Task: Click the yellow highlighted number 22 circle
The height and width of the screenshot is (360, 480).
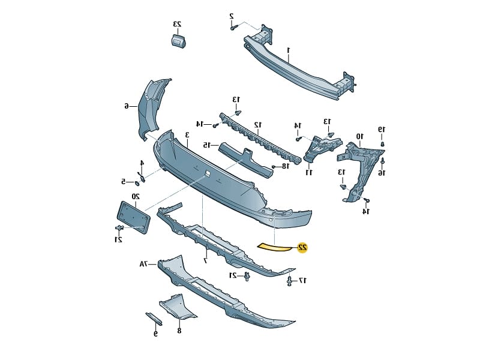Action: [302, 247]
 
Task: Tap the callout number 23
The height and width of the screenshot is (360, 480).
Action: [178, 24]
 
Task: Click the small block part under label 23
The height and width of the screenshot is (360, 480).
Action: [178, 40]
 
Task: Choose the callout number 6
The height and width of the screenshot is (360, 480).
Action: [127, 106]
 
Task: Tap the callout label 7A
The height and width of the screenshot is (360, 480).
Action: [144, 263]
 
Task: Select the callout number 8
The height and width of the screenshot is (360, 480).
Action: [179, 329]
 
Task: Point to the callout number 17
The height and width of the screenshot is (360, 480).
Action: [303, 280]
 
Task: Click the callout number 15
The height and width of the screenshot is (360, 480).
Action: [206, 145]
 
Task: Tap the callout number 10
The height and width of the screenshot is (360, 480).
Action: [359, 136]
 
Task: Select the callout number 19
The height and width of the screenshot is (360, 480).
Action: [381, 129]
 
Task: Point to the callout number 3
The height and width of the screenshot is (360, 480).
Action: [187, 135]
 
